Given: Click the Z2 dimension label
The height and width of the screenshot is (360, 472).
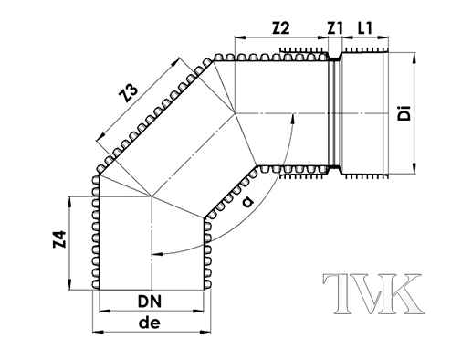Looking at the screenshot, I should (x=280, y=30).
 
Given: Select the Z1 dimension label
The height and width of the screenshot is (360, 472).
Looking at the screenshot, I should (x=335, y=30).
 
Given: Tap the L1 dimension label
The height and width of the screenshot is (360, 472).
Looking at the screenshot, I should (x=365, y=30).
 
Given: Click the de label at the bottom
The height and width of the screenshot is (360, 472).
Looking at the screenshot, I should (x=151, y=324).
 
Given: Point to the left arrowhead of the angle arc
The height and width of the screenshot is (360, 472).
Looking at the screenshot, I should (x=157, y=252).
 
